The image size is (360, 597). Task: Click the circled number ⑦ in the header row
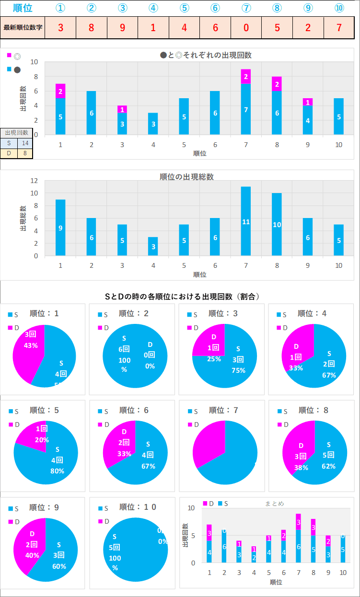pos(246,8)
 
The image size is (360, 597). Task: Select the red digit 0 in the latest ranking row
pos(246,27)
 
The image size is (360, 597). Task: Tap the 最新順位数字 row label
pos(23,27)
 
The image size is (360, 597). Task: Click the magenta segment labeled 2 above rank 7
pos(246,77)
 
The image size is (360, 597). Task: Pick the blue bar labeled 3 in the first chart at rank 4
pos(153,124)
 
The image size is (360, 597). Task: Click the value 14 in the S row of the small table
pos(25,143)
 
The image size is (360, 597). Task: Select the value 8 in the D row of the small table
pos(25,153)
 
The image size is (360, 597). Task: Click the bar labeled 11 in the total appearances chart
pos(246,221)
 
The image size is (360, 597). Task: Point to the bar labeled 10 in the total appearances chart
pos(277,224)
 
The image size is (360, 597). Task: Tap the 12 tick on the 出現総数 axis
pos(34,181)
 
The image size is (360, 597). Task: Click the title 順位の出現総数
pos(186,177)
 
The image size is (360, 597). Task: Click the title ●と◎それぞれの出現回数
pos(206,55)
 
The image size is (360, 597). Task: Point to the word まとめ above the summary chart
pos(274,504)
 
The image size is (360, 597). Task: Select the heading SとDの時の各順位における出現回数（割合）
pos(182,297)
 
